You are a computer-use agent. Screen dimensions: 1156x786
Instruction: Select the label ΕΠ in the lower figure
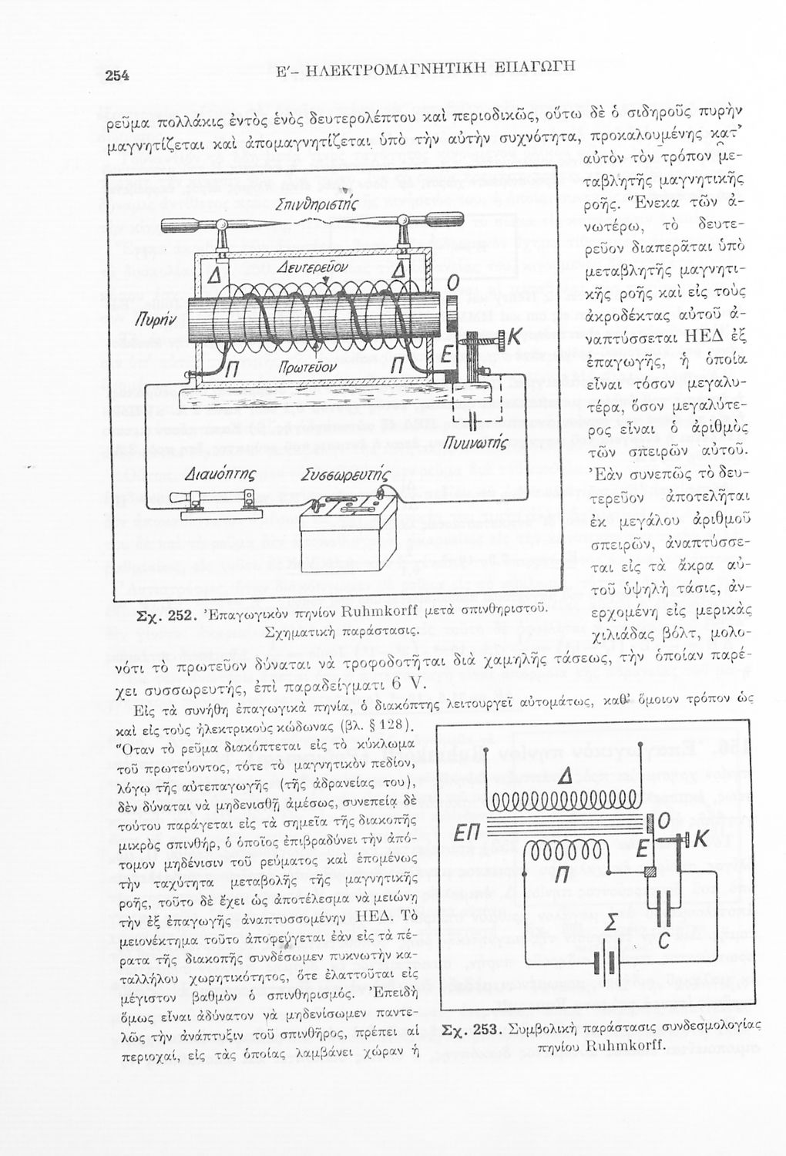tap(467, 834)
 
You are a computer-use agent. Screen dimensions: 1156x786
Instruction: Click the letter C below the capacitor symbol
tap(663, 961)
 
